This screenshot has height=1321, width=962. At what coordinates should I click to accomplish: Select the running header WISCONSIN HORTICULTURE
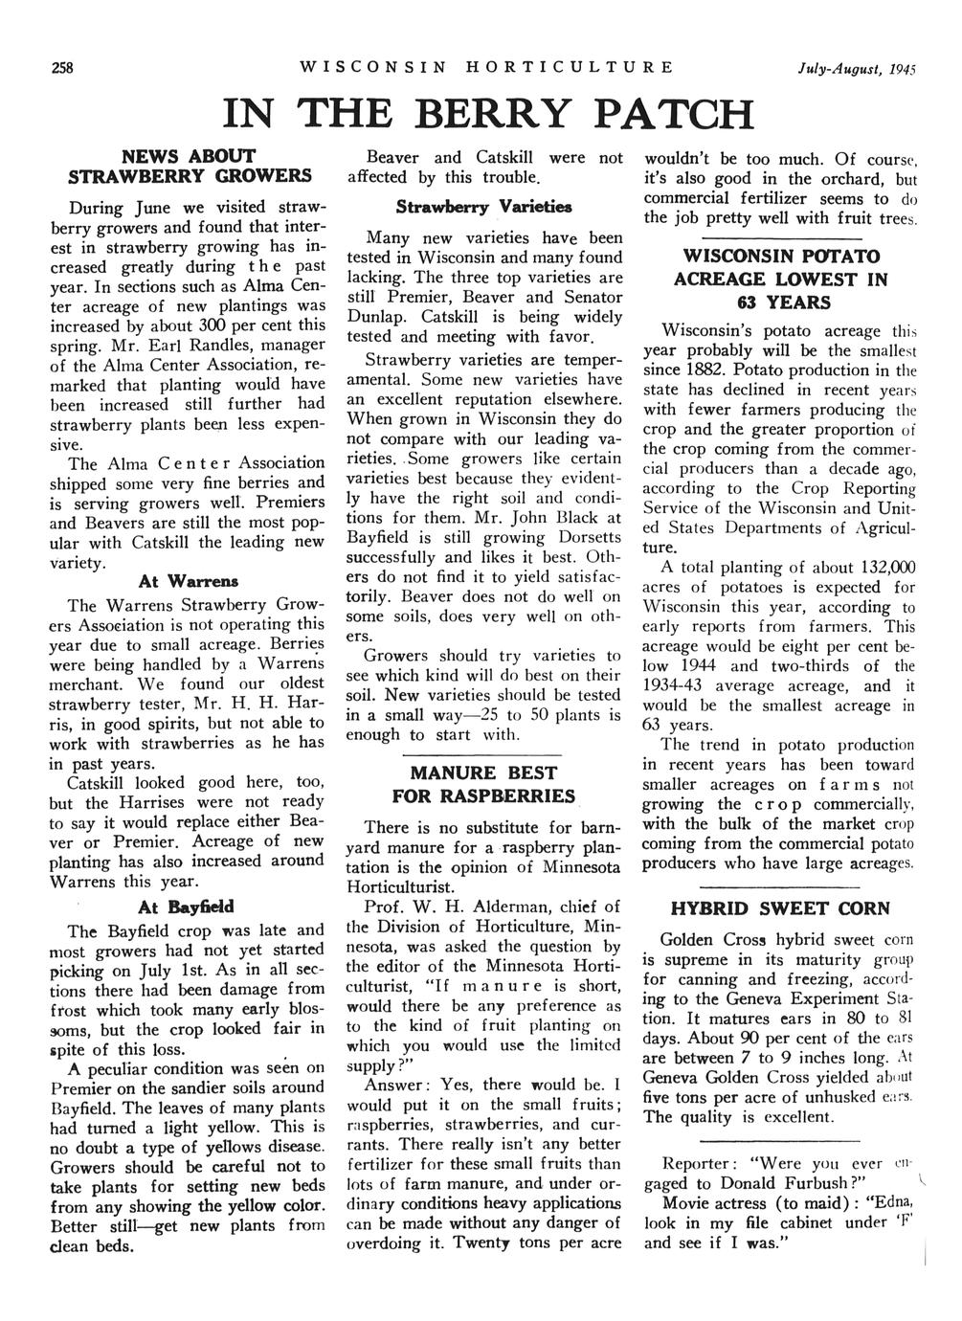click(486, 68)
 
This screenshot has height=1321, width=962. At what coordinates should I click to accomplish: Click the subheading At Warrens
click(189, 581)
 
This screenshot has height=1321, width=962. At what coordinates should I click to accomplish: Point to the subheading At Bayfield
click(187, 905)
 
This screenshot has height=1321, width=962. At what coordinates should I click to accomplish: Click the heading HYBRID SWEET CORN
click(779, 908)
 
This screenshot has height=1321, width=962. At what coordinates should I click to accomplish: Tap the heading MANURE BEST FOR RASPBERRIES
click(483, 784)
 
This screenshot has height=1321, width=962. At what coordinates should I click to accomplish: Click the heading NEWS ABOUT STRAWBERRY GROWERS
click(189, 166)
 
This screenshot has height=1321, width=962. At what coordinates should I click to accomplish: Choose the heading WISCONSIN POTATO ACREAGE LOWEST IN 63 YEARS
click(780, 280)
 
